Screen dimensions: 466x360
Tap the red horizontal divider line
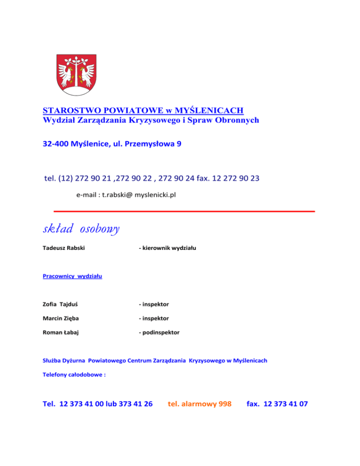[183, 211]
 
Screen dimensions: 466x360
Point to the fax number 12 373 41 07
[286, 403]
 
